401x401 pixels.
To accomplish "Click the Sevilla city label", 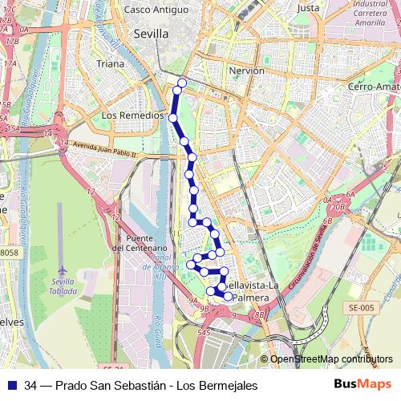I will click(x=150, y=34).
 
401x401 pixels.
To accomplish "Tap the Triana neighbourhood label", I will click(x=110, y=63).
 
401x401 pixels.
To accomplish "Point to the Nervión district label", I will click(x=246, y=71).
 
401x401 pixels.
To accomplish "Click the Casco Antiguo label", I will click(x=155, y=10).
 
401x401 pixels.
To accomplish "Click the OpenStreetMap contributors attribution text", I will click(x=332, y=359).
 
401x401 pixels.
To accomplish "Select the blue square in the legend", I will click(x=11, y=386).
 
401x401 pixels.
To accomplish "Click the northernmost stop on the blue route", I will click(x=182, y=83).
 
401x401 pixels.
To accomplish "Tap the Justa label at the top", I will click(x=308, y=8).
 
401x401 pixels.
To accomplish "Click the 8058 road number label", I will click(x=8, y=252).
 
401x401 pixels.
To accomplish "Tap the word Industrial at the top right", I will click(x=369, y=5).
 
